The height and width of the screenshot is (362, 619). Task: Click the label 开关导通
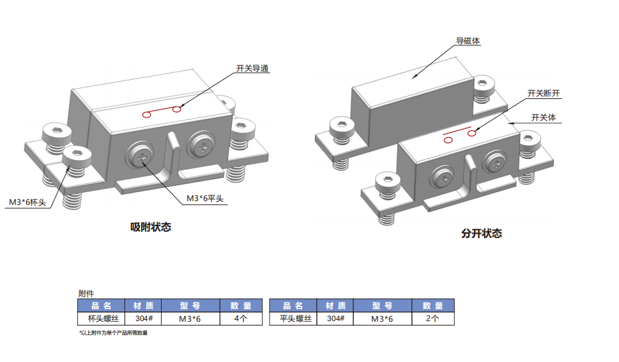[252, 68]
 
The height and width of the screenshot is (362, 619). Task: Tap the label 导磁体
[468, 41]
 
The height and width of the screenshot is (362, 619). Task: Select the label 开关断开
[544, 93]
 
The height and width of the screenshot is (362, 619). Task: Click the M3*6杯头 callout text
[27, 202]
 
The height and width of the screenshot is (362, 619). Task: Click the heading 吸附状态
[151, 227]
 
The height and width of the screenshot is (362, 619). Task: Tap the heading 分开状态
[482, 234]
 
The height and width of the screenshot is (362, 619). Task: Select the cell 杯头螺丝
[95, 319]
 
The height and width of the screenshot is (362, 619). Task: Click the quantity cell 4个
[240, 319]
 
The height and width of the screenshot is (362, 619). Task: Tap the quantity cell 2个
[432, 319]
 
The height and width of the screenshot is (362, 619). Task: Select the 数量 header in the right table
[432, 306]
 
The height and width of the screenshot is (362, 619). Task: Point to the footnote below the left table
[113, 333]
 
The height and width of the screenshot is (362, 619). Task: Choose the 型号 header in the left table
[190, 306]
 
